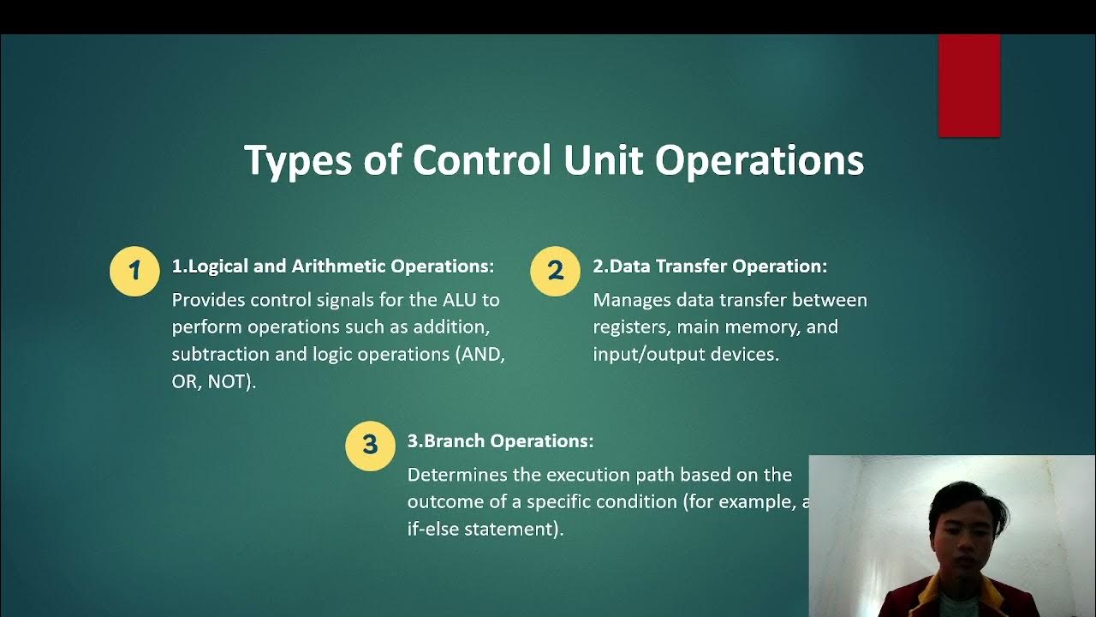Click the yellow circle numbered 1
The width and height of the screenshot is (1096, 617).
[134, 272]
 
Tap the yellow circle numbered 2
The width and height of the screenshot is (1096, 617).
[556, 272]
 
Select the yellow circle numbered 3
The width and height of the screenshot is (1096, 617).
[370, 445]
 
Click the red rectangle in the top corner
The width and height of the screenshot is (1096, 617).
[968, 86]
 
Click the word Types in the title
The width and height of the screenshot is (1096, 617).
[297, 161]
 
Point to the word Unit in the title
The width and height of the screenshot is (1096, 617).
[604, 159]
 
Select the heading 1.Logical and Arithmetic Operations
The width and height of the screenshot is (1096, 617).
[333, 267]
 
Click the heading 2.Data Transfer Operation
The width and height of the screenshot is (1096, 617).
[710, 267]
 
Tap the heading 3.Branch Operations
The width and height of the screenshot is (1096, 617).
[500, 441]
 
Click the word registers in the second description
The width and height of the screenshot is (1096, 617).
[629, 327]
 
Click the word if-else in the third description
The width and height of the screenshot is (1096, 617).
[432, 529]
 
